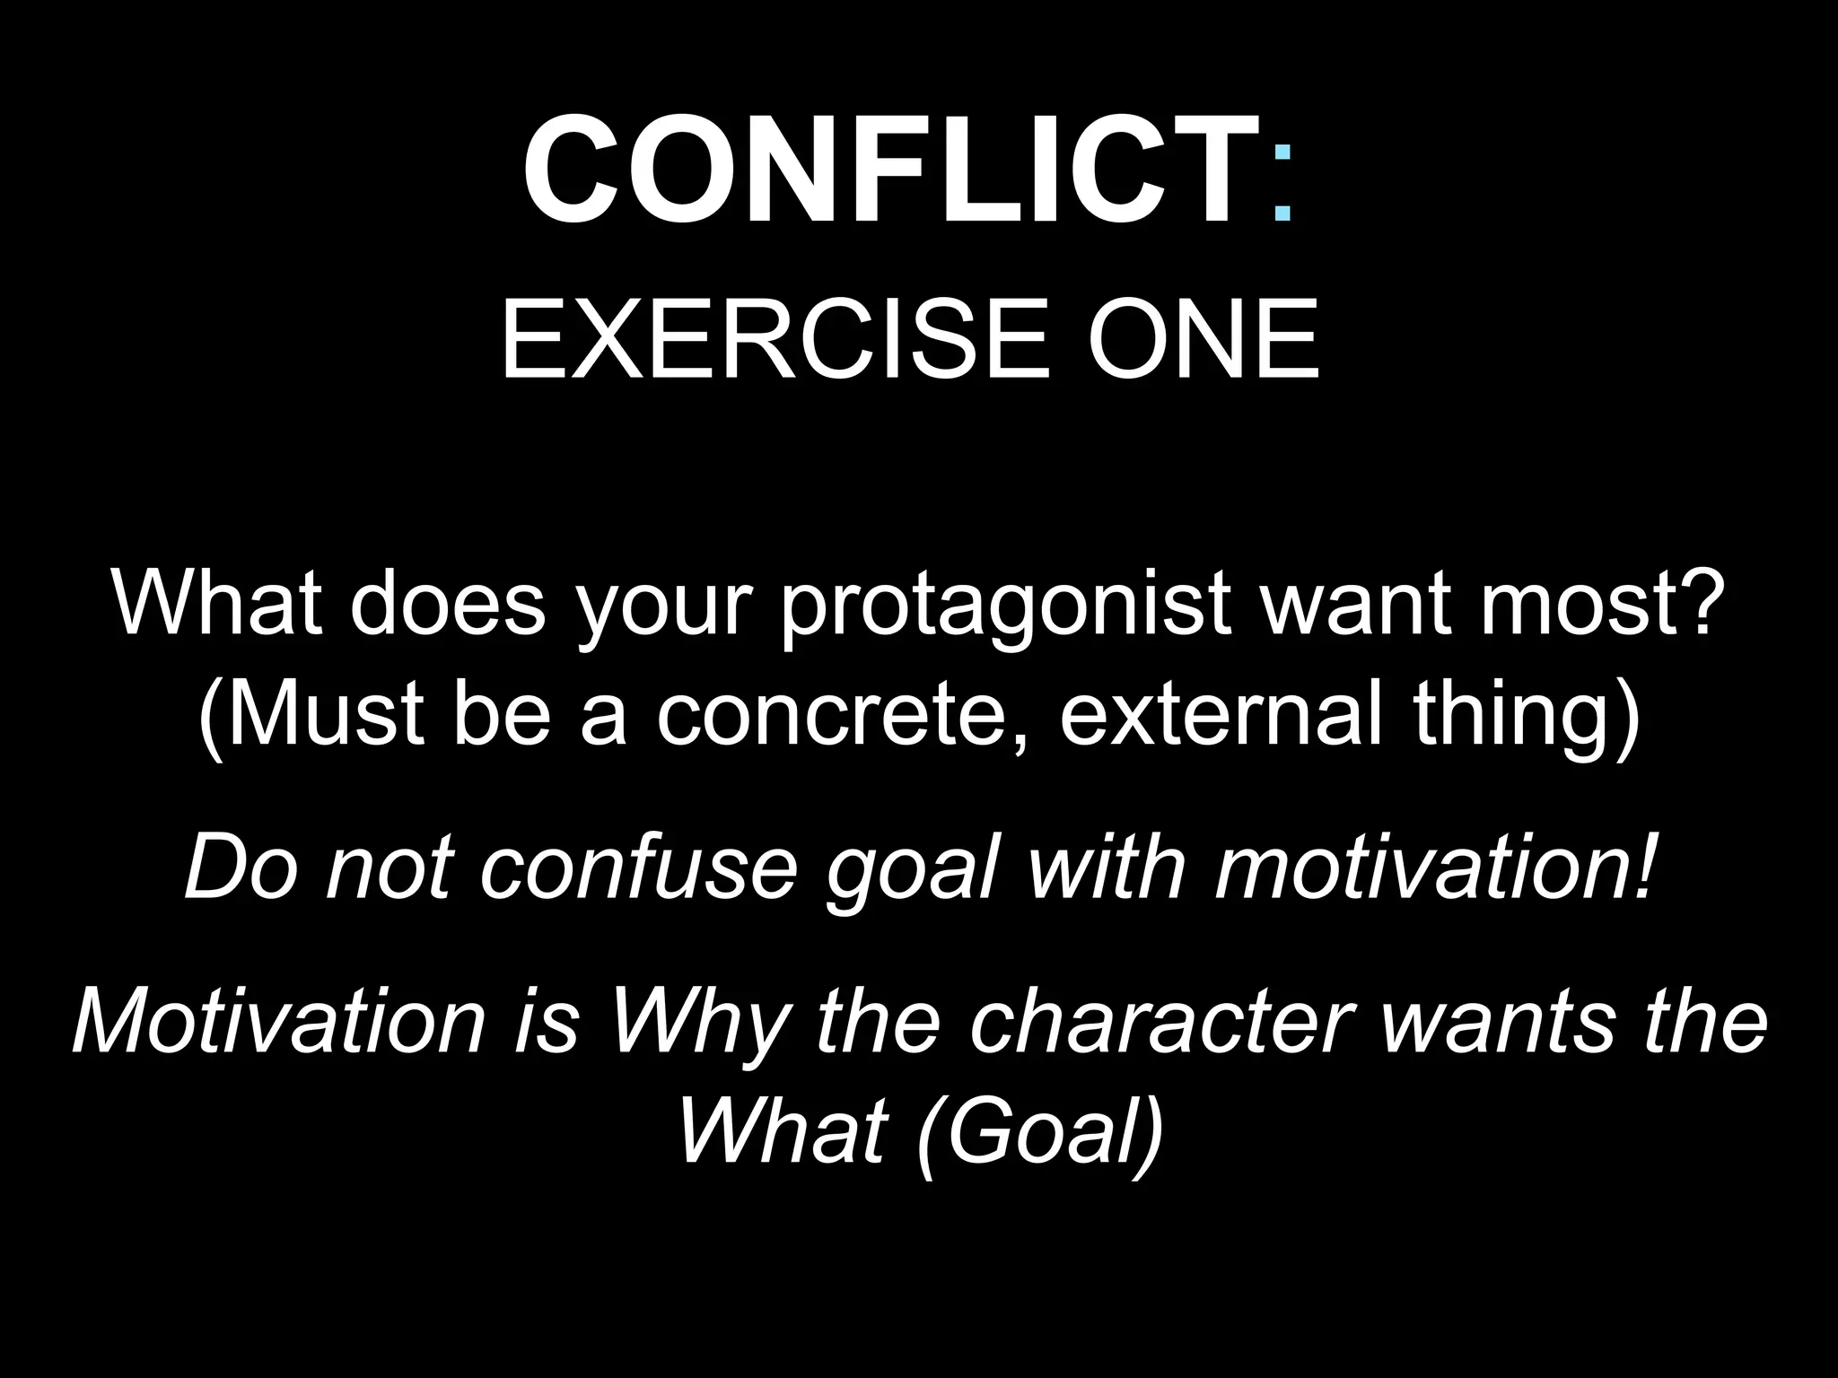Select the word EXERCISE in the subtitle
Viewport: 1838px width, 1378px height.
(x=773, y=340)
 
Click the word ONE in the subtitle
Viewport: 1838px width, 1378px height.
(x=1203, y=340)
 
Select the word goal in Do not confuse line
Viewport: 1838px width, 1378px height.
(x=912, y=870)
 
